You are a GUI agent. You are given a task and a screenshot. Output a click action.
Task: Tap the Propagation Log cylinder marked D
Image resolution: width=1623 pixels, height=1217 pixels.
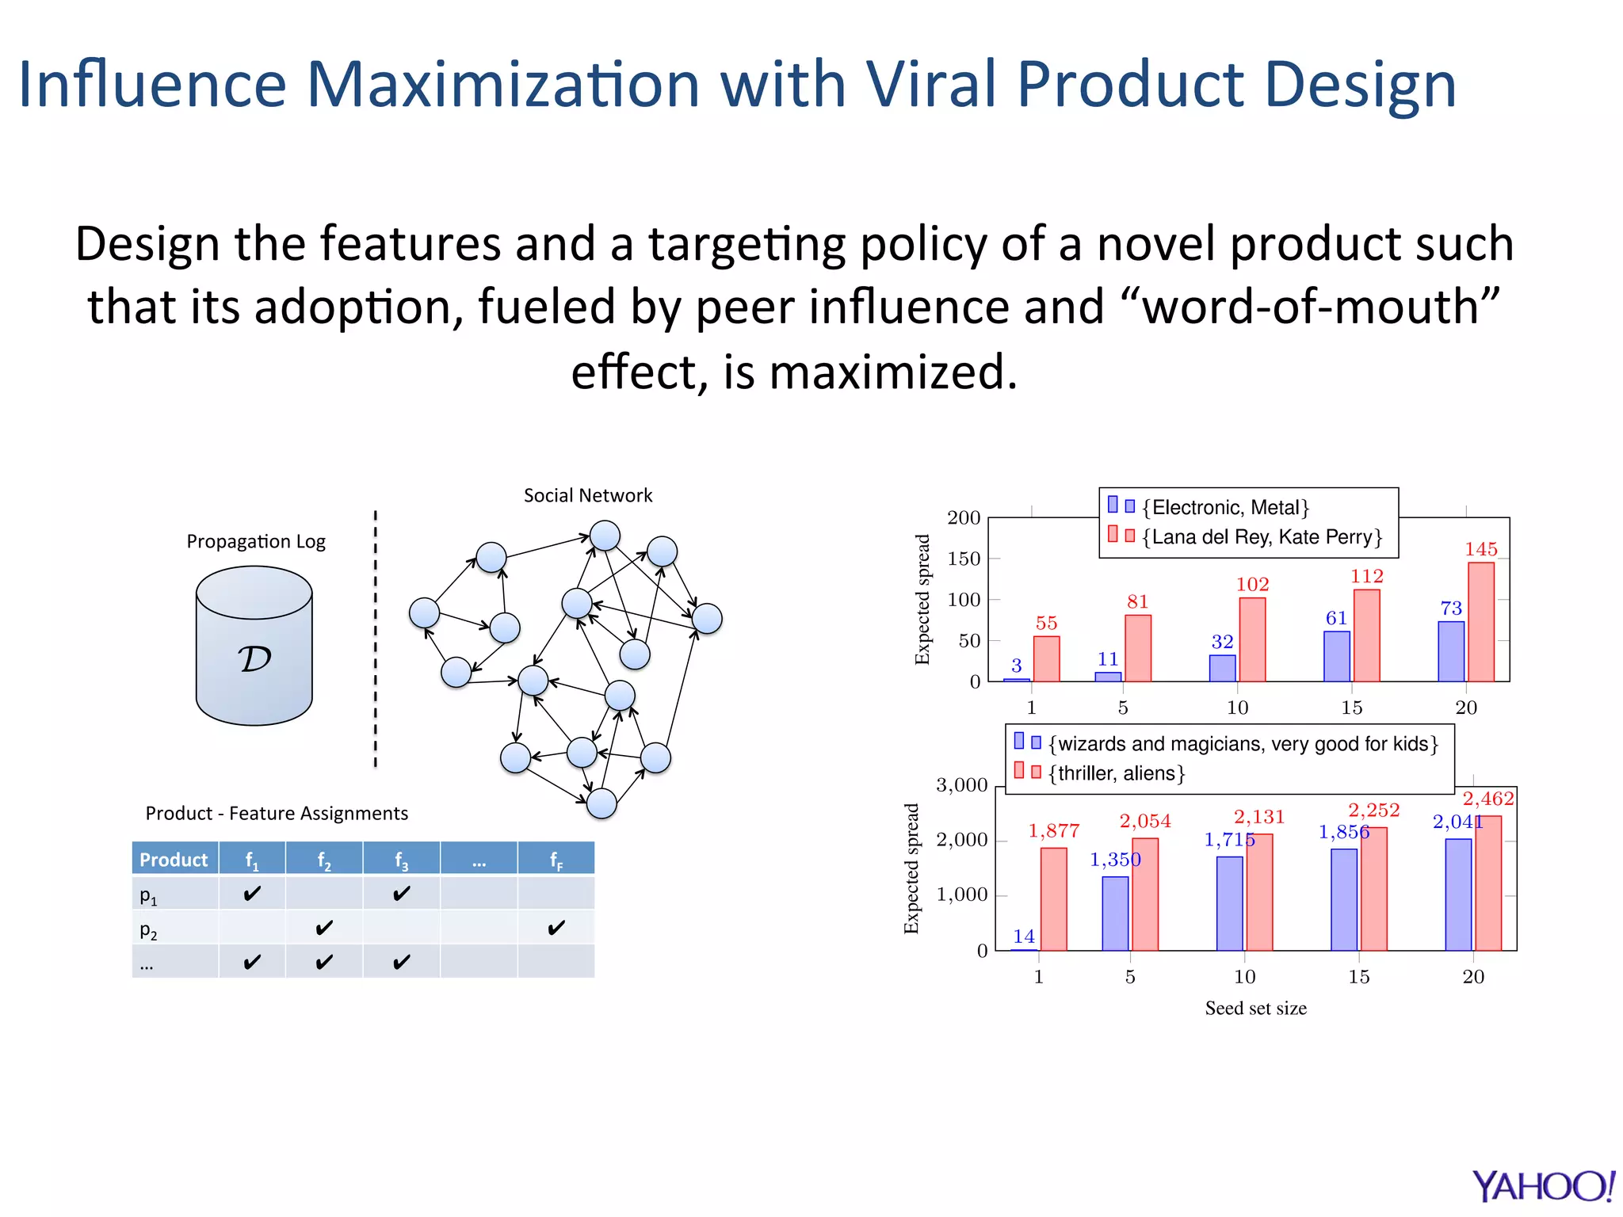point(254,646)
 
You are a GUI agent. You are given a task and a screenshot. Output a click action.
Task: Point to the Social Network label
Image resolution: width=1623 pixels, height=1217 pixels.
point(588,495)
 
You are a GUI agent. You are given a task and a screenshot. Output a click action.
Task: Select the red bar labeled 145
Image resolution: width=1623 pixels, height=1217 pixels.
point(1480,622)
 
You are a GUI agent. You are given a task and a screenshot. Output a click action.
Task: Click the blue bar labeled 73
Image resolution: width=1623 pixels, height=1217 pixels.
point(1450,651)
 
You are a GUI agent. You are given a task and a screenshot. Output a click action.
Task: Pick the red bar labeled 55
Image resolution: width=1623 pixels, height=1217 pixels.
point(1046,658)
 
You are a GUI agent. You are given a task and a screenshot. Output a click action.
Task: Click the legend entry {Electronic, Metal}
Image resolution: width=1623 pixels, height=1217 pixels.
point(1225,507)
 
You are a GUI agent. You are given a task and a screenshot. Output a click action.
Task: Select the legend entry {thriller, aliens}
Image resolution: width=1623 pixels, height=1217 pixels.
point(1117,773)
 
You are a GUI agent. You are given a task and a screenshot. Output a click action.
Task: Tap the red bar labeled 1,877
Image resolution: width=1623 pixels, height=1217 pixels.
point(1053,898)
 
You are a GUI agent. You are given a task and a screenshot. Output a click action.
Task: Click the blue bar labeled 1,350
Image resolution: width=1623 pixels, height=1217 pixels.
point(1115,913)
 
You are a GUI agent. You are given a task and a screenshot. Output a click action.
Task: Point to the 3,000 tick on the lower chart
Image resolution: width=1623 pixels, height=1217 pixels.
point(961,785)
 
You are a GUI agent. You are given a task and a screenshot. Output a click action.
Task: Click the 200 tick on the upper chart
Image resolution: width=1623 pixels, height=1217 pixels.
point(964,517)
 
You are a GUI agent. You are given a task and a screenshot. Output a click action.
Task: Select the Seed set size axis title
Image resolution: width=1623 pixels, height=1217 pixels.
point(1255,1008)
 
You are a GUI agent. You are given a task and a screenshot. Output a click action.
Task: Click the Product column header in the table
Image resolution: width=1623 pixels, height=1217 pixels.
point(174,859)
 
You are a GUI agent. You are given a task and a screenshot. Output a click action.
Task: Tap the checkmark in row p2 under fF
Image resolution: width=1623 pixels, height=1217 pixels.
point(556,927)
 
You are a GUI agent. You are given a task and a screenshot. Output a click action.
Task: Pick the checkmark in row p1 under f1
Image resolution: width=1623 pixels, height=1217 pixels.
point(252,894)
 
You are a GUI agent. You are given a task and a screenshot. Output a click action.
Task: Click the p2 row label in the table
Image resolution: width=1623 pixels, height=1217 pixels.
point(148,929)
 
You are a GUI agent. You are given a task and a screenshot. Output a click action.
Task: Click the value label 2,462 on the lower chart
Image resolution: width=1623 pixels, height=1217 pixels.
point(1487,799)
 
